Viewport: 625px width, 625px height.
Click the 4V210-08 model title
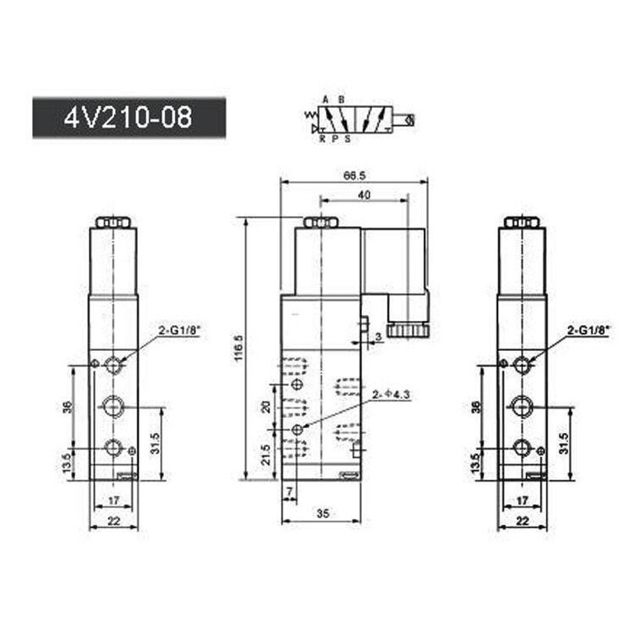tap(127, 118)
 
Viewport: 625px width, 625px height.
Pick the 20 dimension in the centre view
tap(266, 408)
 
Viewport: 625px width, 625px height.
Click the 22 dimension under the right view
tap(523, 519)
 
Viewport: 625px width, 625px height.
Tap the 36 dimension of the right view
tap(477, 407)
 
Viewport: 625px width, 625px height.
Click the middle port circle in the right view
tap(522, 405)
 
